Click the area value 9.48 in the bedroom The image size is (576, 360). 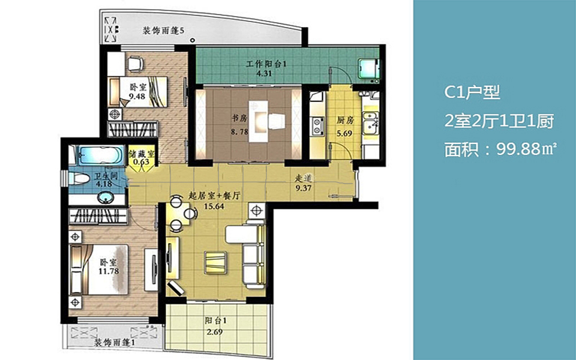pos(137,97)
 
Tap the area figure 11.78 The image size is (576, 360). pos(109,271)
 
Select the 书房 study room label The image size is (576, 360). pos(239,118)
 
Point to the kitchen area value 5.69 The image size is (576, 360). pos(344,133)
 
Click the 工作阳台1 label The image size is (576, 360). pos(266,64)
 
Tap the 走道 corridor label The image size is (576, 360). pos(304,179)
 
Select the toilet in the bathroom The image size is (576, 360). pos(79,179)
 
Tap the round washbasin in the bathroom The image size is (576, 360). pos(107,197)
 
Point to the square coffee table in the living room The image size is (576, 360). pos(215,262)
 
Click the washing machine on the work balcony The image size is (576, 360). pos(369,69)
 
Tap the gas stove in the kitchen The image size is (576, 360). pos(317,125)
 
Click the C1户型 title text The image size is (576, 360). pos(472,92)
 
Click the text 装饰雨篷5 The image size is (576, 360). pos(163,31)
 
